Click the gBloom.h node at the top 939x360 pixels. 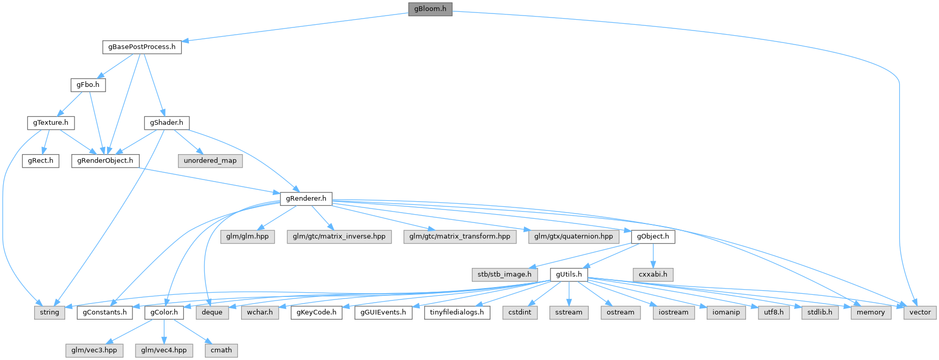coord(430,9)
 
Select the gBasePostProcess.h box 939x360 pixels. coord(142,47)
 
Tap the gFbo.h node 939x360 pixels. coord(88,85)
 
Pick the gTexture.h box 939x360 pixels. coord(50,123)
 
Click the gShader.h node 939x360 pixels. coord(166,123)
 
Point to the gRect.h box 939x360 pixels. coord(40,161)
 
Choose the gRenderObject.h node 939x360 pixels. coord(105,161)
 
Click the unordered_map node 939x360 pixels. coord(210,161)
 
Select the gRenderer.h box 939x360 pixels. coord(306,199)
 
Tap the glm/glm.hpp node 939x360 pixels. coord(250,236)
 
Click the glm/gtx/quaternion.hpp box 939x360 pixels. coord(574,236)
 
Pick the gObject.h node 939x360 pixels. coord(653,236)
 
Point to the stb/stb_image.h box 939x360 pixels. coord(504,274)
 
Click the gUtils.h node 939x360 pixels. coord(569,274)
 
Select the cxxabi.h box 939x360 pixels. coord(653,274)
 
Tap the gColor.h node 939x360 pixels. coord(164,312)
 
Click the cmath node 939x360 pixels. coord(221,350)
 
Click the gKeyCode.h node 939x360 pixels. coord(317,312)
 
